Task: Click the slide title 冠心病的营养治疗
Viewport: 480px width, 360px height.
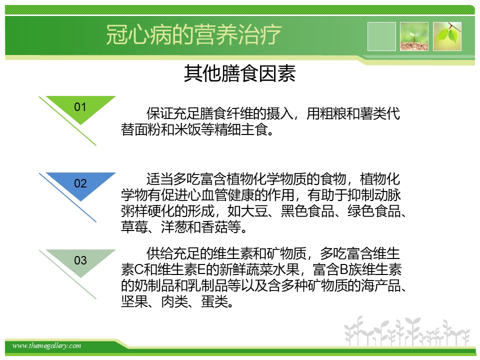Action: pyautogui.click(x=193, y=34)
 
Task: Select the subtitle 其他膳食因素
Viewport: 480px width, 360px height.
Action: pyautogui.click(x=239, y=73)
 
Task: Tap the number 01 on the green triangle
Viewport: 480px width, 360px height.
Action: pyautogui.click(x=80, y=107)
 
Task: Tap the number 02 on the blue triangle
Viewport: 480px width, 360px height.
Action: pyautogui.click(x=80, y=183)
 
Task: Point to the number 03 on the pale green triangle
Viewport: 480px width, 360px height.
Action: pyautogui.click(x=80, y=260)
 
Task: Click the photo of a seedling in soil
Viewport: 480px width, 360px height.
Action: pyautogui.click(x=414, y=36)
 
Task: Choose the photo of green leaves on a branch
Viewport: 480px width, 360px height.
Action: pyautogui.click(x=447, y=36)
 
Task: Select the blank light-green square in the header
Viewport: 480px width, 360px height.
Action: pyautogui.click(x=381, y=36)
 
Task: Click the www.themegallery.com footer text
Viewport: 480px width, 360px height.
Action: pyautogui.click(x=46, y=346)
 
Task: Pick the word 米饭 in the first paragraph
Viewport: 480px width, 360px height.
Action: pyautogui.click(x=187, y=129)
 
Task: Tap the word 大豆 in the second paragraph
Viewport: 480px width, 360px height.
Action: pyautogui.click(x=254, y=211)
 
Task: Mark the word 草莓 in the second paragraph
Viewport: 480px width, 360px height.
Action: pyautogui.click(x=134, y=227)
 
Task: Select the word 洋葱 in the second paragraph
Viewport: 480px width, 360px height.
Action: pyautogui.click(x=174, y=227)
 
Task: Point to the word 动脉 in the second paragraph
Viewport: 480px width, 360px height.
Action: pyautogui.click(x=387, y=195)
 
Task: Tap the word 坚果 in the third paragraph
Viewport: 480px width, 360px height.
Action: pyautogui.click(x=134, y=301)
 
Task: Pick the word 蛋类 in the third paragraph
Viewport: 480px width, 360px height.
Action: pyautogui.click(x=214, y=301)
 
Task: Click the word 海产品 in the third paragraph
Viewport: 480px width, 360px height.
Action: pyautogui.click(x=380, y=285)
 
